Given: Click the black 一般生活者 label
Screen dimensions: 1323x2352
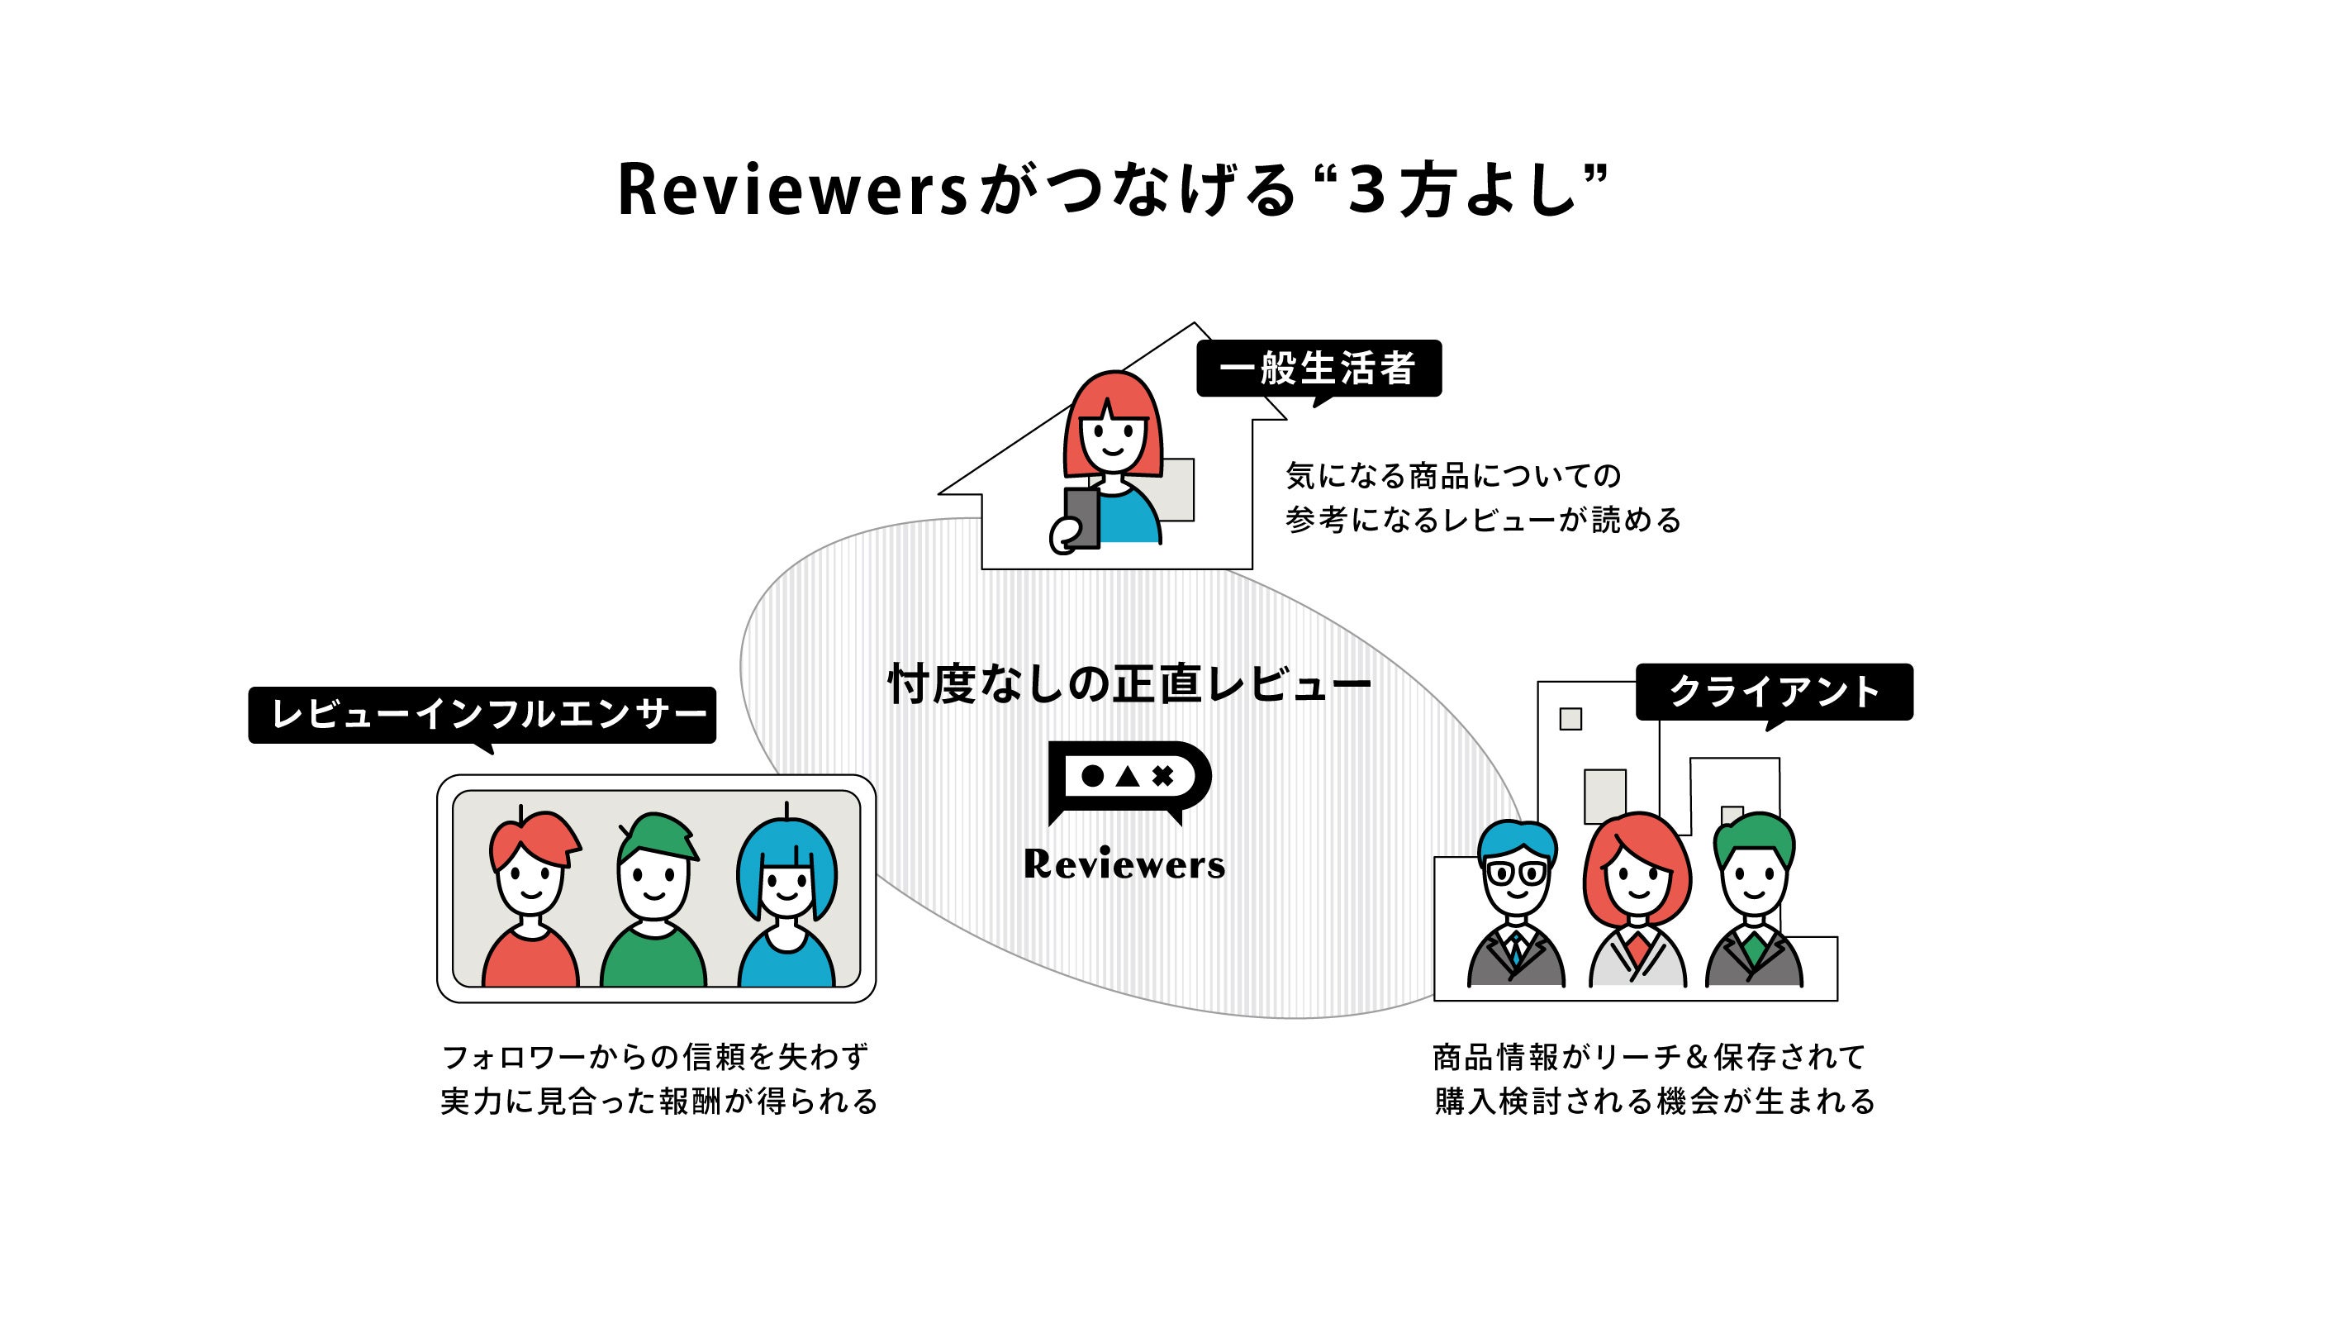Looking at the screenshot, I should [x=1318, y=368].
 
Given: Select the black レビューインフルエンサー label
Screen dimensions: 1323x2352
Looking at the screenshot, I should [x=482, y=714].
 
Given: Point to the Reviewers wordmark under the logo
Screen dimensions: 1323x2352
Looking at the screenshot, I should [x=1124, y=864].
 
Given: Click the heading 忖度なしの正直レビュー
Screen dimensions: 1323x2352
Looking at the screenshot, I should [x=1128, y=685].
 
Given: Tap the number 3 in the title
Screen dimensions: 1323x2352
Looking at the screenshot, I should [x=1366, y=190].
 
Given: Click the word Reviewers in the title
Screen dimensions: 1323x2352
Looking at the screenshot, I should [x=791, y=190].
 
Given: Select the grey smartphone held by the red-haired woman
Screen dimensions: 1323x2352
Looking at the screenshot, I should [x=1082, y=517].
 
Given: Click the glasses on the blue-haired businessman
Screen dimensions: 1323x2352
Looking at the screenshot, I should [x=1517, y=872].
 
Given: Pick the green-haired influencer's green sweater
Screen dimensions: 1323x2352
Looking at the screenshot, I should [x=653, y=959].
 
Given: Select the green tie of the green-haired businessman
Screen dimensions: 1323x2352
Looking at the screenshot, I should [x=1753, y=949].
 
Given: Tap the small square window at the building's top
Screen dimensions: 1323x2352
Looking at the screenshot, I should [x=1570, y=719].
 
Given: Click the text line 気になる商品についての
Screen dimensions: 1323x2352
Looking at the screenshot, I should [x=1452, y=476].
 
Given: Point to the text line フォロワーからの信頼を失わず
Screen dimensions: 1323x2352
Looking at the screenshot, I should [x=654, y=1056].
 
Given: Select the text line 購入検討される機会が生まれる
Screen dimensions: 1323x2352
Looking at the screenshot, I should [x=1655, y=1102].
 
